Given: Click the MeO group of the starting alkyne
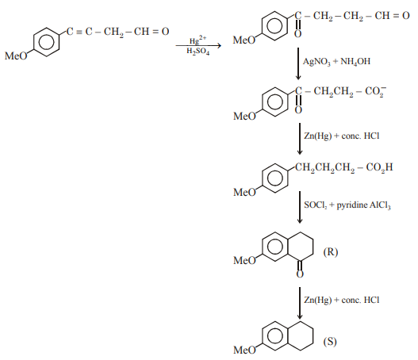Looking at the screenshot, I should point(16,56).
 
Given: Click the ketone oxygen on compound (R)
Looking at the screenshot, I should point(301,274).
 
